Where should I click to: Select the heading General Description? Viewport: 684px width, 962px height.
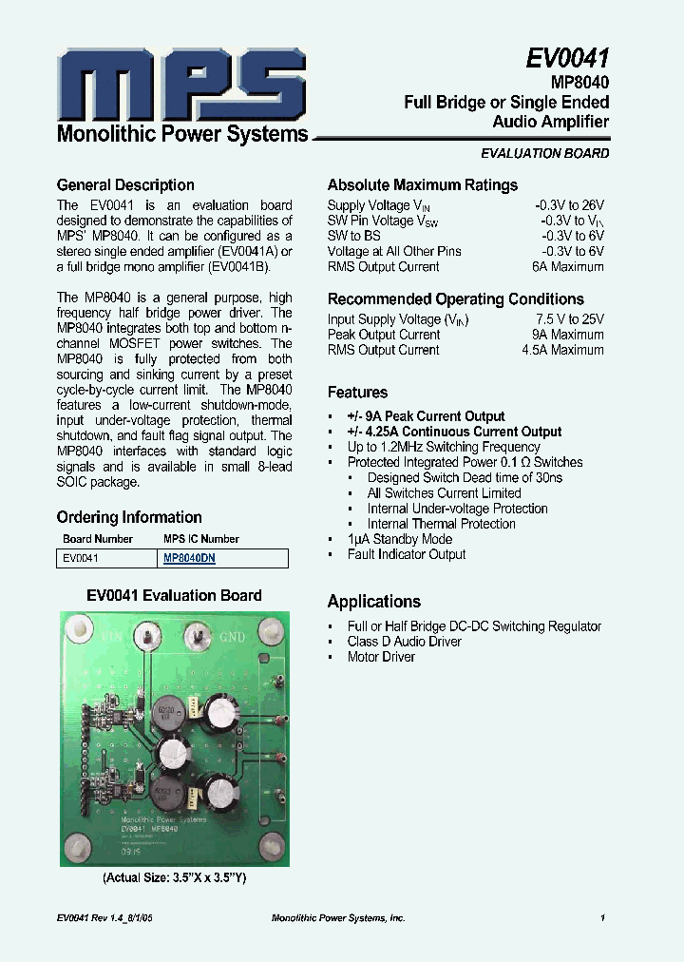coord(125,185)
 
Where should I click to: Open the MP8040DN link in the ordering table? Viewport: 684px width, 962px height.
coord(189,559)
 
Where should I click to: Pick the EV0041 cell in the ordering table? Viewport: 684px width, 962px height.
coord(81,559)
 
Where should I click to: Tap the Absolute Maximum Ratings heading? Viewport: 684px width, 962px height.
coord(423,185)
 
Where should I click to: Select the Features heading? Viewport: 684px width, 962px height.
coord(357,393)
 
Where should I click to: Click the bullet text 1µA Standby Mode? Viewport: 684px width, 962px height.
coord(399,539)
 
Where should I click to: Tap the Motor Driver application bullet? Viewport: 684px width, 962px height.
coord(381,657)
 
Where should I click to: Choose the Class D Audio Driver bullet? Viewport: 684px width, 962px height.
coord(404,642)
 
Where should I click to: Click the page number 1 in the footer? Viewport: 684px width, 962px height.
coord(602,918)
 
